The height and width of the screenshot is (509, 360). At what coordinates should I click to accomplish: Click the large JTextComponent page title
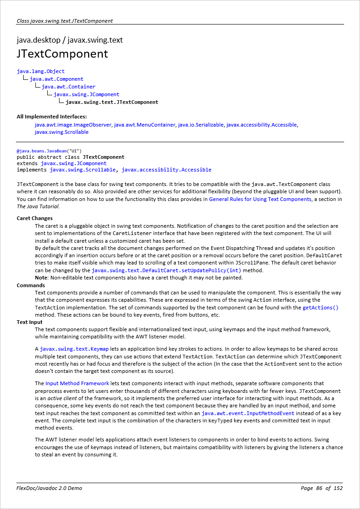pos(62,54)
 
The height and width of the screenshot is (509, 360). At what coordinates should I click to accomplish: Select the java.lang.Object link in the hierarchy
pos(41,71)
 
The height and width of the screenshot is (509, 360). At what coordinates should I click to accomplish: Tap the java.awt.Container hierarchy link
pos(69,87)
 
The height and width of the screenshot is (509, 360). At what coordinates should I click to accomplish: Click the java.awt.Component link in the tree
pos(56,79)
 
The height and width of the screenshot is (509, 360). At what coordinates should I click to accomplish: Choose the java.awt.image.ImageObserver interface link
pos(73,125)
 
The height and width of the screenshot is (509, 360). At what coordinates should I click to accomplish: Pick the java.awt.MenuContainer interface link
pos(145,125)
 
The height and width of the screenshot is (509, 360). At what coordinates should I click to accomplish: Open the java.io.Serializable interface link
pos(201,125)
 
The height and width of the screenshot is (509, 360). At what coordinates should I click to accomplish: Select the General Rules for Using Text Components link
pos(260,199)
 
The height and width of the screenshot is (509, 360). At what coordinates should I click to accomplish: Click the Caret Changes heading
pos(35,218)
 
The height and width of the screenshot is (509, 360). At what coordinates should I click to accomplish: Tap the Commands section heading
pos(31,285)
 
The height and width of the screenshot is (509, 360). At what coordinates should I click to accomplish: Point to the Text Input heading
pos(30,323)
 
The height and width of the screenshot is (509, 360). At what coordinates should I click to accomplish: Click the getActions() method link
pos(321,308)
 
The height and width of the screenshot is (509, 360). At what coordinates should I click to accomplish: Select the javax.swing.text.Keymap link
pos(74,349)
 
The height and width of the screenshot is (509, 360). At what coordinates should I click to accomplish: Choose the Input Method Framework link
pos(77,383)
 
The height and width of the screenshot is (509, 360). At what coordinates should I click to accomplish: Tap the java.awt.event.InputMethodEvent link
pos(248,413)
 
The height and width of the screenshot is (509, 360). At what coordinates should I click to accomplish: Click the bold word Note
pos(41,278)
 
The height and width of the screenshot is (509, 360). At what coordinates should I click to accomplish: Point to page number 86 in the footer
pos(319,488)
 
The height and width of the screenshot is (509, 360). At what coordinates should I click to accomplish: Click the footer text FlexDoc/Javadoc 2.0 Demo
pos(49,488)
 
